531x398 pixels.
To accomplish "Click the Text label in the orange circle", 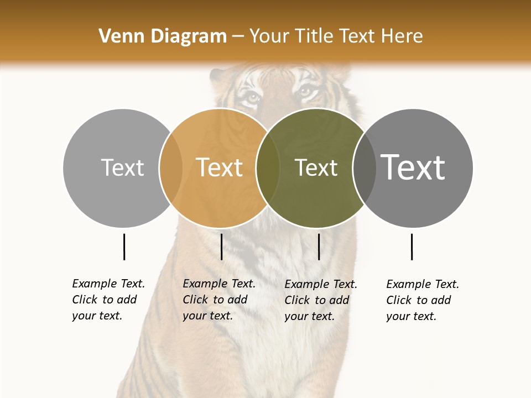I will click(x=220, y=167).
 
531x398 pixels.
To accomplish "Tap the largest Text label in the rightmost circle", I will click(x=413, y=167).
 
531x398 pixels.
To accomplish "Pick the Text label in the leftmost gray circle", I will click(x=122, y=167).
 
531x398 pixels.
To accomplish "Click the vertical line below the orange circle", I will click(x=221, y=247).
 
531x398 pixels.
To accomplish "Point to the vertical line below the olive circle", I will click(x=319, y=247).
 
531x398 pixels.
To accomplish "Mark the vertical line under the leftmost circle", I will click(x=124, y=247).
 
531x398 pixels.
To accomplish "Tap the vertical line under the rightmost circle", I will click(x=412, y=247).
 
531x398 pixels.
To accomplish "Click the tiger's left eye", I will click(x=252, y=97).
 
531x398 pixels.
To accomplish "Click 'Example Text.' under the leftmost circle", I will click(x=108, y=284).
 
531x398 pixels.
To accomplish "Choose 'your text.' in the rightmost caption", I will click(x=411, y=316).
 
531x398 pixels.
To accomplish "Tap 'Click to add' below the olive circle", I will click(x=317, y=300).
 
